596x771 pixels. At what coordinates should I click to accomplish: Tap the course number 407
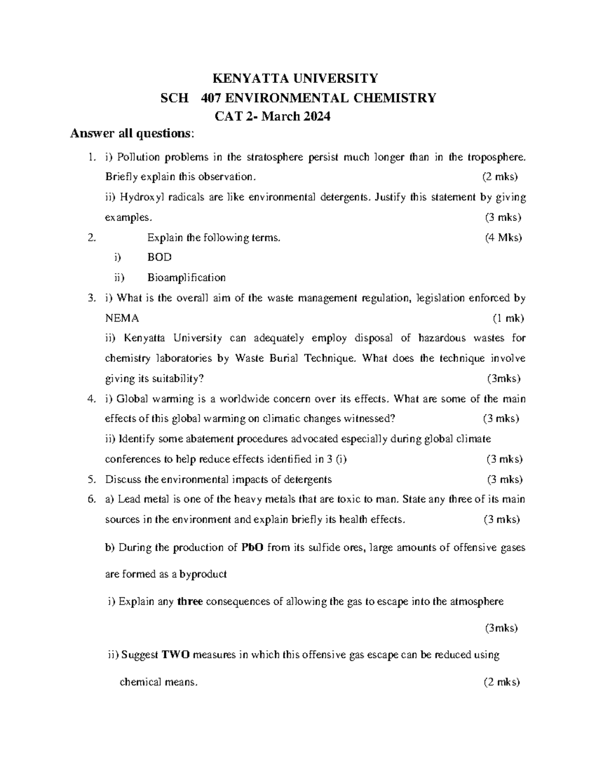tap(212, 98)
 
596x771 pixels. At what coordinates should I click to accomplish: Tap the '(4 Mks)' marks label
tap(503, 238)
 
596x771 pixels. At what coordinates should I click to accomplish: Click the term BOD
tap(159, 257)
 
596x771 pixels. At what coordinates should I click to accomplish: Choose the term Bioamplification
tap(186, 278)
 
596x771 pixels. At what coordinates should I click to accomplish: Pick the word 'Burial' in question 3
tap(282, 358)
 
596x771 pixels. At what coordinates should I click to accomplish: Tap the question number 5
tap(90, 480)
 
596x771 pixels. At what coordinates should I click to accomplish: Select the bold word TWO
tap(175, 655)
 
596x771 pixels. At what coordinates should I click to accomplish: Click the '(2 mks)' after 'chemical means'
tap(501, 682)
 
